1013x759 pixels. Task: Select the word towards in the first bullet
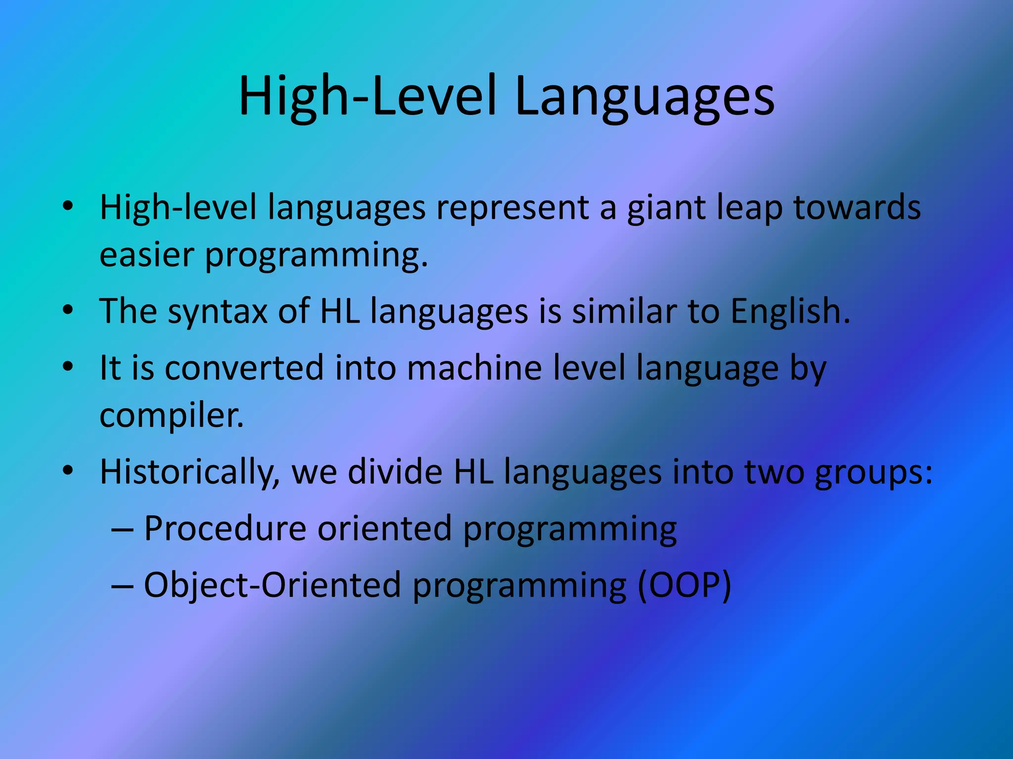click(857, 208)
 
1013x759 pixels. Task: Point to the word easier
click(147, 255)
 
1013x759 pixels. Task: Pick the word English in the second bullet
click(790, 311)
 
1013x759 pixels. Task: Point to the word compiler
click(171, 416)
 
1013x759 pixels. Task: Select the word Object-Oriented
click(272, 585)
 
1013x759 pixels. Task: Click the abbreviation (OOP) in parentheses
click(684, 585)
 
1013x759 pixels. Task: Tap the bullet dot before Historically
click(68, 471)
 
